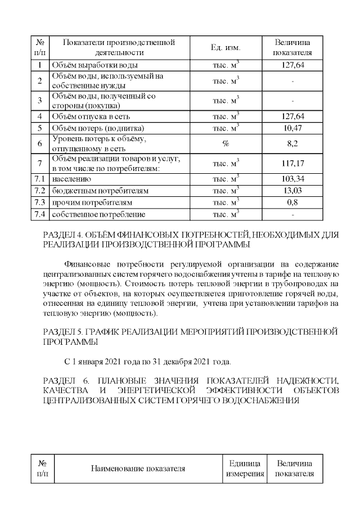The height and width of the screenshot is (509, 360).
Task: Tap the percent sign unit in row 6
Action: click(226, 144)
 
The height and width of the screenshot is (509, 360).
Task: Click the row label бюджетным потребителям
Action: click(100, 191)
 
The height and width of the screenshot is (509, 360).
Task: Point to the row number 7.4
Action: click(40, 214)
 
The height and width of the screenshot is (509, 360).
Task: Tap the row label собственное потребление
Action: click(98, 214)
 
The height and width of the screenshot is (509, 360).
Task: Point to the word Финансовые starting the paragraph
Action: click(87, 264)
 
